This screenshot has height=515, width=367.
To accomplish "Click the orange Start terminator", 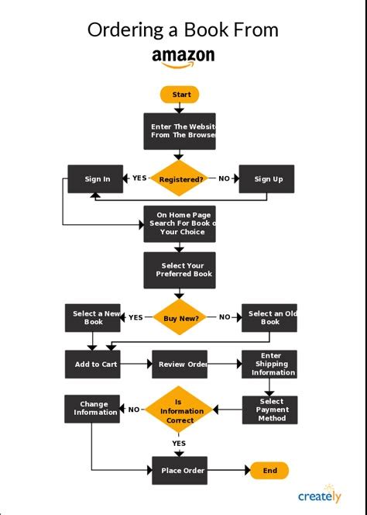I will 180,95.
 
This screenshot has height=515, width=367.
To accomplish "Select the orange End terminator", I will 269,470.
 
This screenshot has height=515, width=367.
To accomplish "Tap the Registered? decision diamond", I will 180,179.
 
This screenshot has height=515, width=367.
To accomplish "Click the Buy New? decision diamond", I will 180,317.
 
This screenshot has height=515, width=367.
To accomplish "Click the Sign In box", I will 96,179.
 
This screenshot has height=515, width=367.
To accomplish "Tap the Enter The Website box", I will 180,131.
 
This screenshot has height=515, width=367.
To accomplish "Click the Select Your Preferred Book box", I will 180,270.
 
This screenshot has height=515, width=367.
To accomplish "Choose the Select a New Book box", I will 93,317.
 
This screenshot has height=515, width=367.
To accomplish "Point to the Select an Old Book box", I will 269,317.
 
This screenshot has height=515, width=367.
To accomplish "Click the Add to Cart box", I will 93,364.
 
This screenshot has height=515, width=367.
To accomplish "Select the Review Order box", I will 180,364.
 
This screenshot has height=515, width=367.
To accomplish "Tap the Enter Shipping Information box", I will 269,364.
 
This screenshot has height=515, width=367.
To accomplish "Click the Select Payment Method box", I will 269,410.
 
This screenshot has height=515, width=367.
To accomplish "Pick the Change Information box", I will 93,408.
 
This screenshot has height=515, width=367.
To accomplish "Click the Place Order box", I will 180,470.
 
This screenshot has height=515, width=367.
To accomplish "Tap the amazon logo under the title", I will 183,57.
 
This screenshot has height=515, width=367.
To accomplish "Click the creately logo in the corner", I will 319,496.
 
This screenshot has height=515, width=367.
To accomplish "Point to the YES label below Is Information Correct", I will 179,444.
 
